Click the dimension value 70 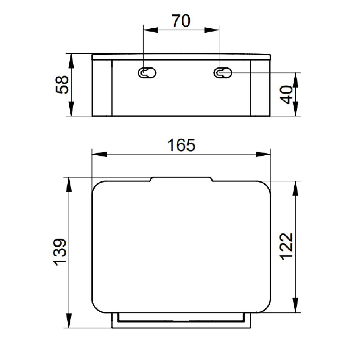(181, 21)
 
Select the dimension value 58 (62, 85)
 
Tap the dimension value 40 (286, 94)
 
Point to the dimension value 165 (181, 145)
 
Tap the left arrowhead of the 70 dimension (150, 30)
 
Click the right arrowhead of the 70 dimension (211, 30)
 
